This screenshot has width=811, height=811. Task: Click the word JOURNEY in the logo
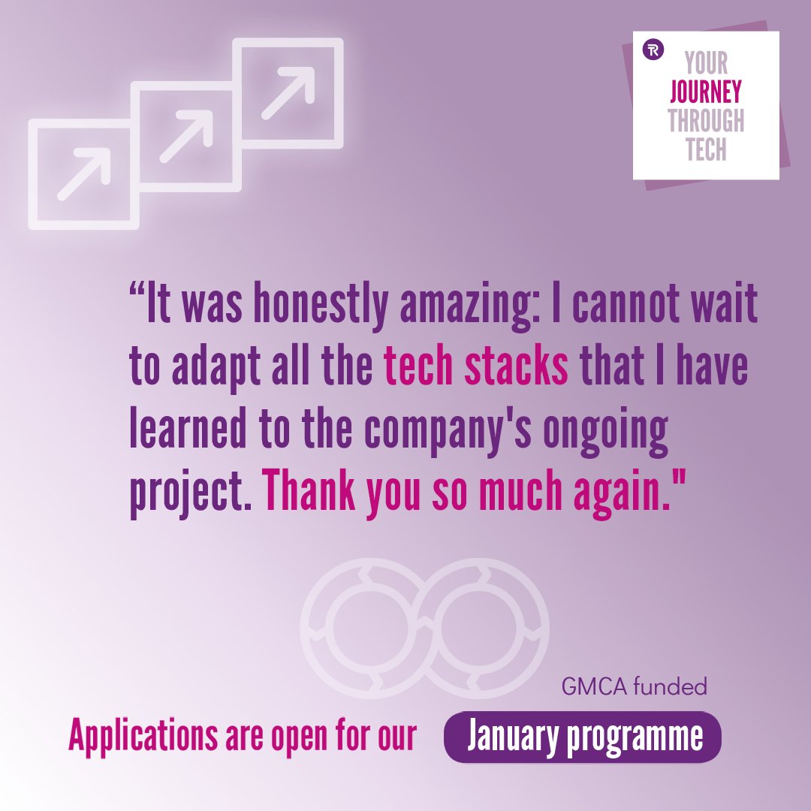pos(705,92)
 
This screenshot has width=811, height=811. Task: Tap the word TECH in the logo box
pos(705,149)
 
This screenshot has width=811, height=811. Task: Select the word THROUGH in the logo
pos(705,120)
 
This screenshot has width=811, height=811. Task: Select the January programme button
pos(583,737)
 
